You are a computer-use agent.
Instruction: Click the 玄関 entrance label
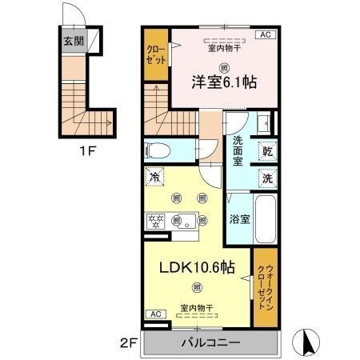(74, 42)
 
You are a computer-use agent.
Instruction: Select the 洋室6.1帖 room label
(223, 82)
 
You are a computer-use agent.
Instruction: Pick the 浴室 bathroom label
(238, 218)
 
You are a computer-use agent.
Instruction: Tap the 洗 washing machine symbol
(266, 179)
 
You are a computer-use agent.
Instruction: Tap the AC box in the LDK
(155, 313)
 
